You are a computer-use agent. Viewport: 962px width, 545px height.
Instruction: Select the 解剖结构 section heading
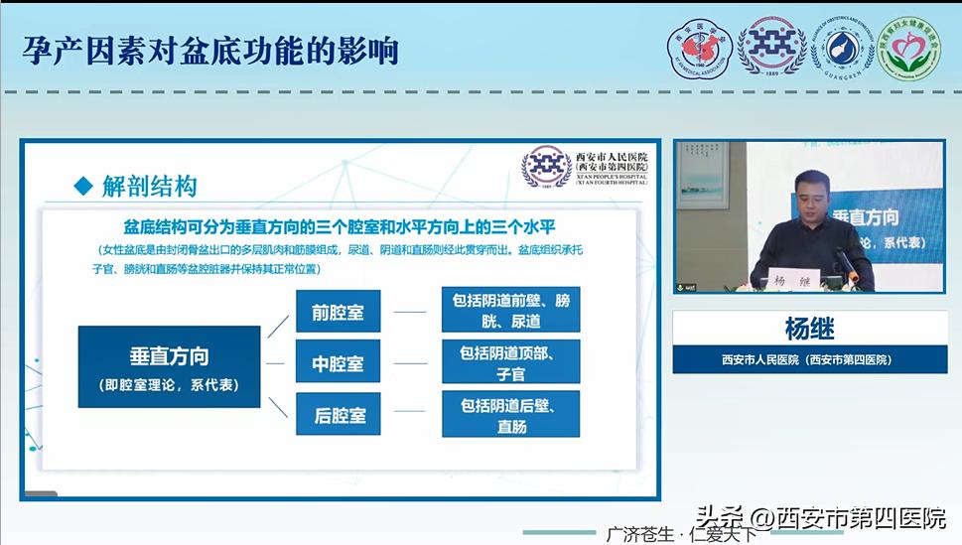click(x=149, y=186)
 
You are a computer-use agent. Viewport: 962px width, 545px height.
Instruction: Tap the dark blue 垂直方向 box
click(x=169, y=366)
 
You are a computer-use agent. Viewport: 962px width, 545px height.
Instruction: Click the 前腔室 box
click(x=338, y=313)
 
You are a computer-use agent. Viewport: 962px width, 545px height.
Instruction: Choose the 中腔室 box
click(x=338, y=364)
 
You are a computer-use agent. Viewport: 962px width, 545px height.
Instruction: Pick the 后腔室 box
click(x=338, y=416)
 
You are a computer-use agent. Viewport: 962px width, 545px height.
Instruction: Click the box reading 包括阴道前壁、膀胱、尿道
click(x=510, y=310)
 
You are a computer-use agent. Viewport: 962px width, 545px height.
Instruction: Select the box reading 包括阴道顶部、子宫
click(x=510, y=363)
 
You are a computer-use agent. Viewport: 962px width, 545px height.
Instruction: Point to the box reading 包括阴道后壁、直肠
click(x=510, y=416)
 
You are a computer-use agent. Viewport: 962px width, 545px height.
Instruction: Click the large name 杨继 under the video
click(x=809, y=328)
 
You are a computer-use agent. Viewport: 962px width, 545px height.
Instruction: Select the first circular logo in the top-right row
click(x=700, y=49)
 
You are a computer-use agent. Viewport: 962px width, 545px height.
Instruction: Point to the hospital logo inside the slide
click(x=546, y=166)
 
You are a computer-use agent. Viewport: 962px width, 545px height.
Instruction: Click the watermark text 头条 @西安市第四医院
click(x=820, y=518)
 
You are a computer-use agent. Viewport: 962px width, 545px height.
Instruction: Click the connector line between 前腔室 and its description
click(x=410, y=312)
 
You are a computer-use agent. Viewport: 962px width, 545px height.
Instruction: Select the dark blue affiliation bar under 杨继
click(x=809, y=359)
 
